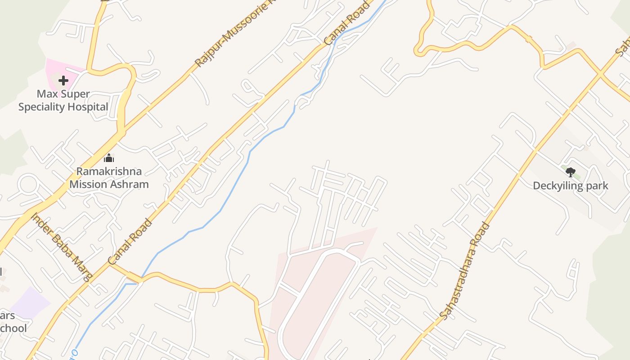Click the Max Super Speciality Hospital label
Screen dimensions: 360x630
coord(63,100)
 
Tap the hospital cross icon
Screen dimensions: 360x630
coord(63,81)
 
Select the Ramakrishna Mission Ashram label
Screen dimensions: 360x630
coord(109,178)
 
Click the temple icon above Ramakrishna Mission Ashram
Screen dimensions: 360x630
coord(108,158)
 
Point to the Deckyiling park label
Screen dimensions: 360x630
coord(570,185)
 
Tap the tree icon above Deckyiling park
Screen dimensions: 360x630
coord(570,171)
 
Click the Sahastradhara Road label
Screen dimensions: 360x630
coord(463,271)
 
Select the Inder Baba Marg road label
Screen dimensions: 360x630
coord(62,246)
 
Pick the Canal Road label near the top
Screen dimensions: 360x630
coord(346,23)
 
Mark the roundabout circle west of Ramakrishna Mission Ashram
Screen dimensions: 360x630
coord(28,185)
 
